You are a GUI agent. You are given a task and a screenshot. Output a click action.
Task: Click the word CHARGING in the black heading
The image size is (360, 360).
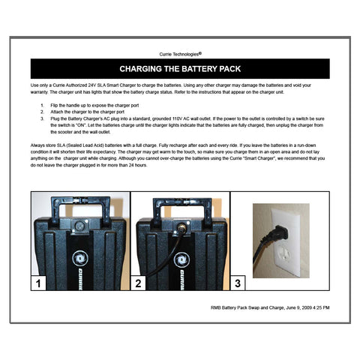145,68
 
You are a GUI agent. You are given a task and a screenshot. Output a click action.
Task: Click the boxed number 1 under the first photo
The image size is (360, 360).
39,283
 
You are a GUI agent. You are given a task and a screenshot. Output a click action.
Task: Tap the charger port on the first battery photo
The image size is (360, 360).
79,223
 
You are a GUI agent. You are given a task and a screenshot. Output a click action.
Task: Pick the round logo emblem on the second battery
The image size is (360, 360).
179,257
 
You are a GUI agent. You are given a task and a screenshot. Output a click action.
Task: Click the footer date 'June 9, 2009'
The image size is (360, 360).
292,307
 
